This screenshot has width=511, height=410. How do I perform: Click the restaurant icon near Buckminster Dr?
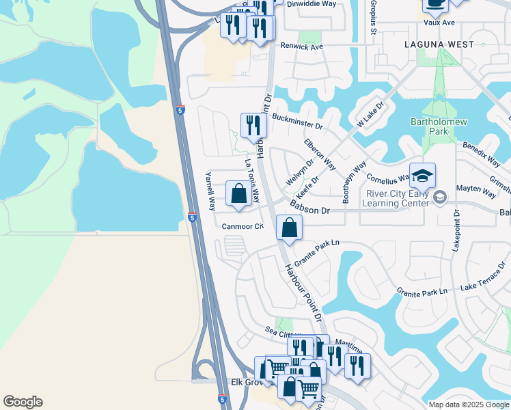253,126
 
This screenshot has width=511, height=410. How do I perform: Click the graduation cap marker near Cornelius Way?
422,176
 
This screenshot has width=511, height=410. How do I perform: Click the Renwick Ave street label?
301,46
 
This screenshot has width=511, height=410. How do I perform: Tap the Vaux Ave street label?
439,23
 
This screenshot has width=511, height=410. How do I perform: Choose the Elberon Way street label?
320,154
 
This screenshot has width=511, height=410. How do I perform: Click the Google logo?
23,402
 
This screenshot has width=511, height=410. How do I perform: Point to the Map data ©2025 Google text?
469,405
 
